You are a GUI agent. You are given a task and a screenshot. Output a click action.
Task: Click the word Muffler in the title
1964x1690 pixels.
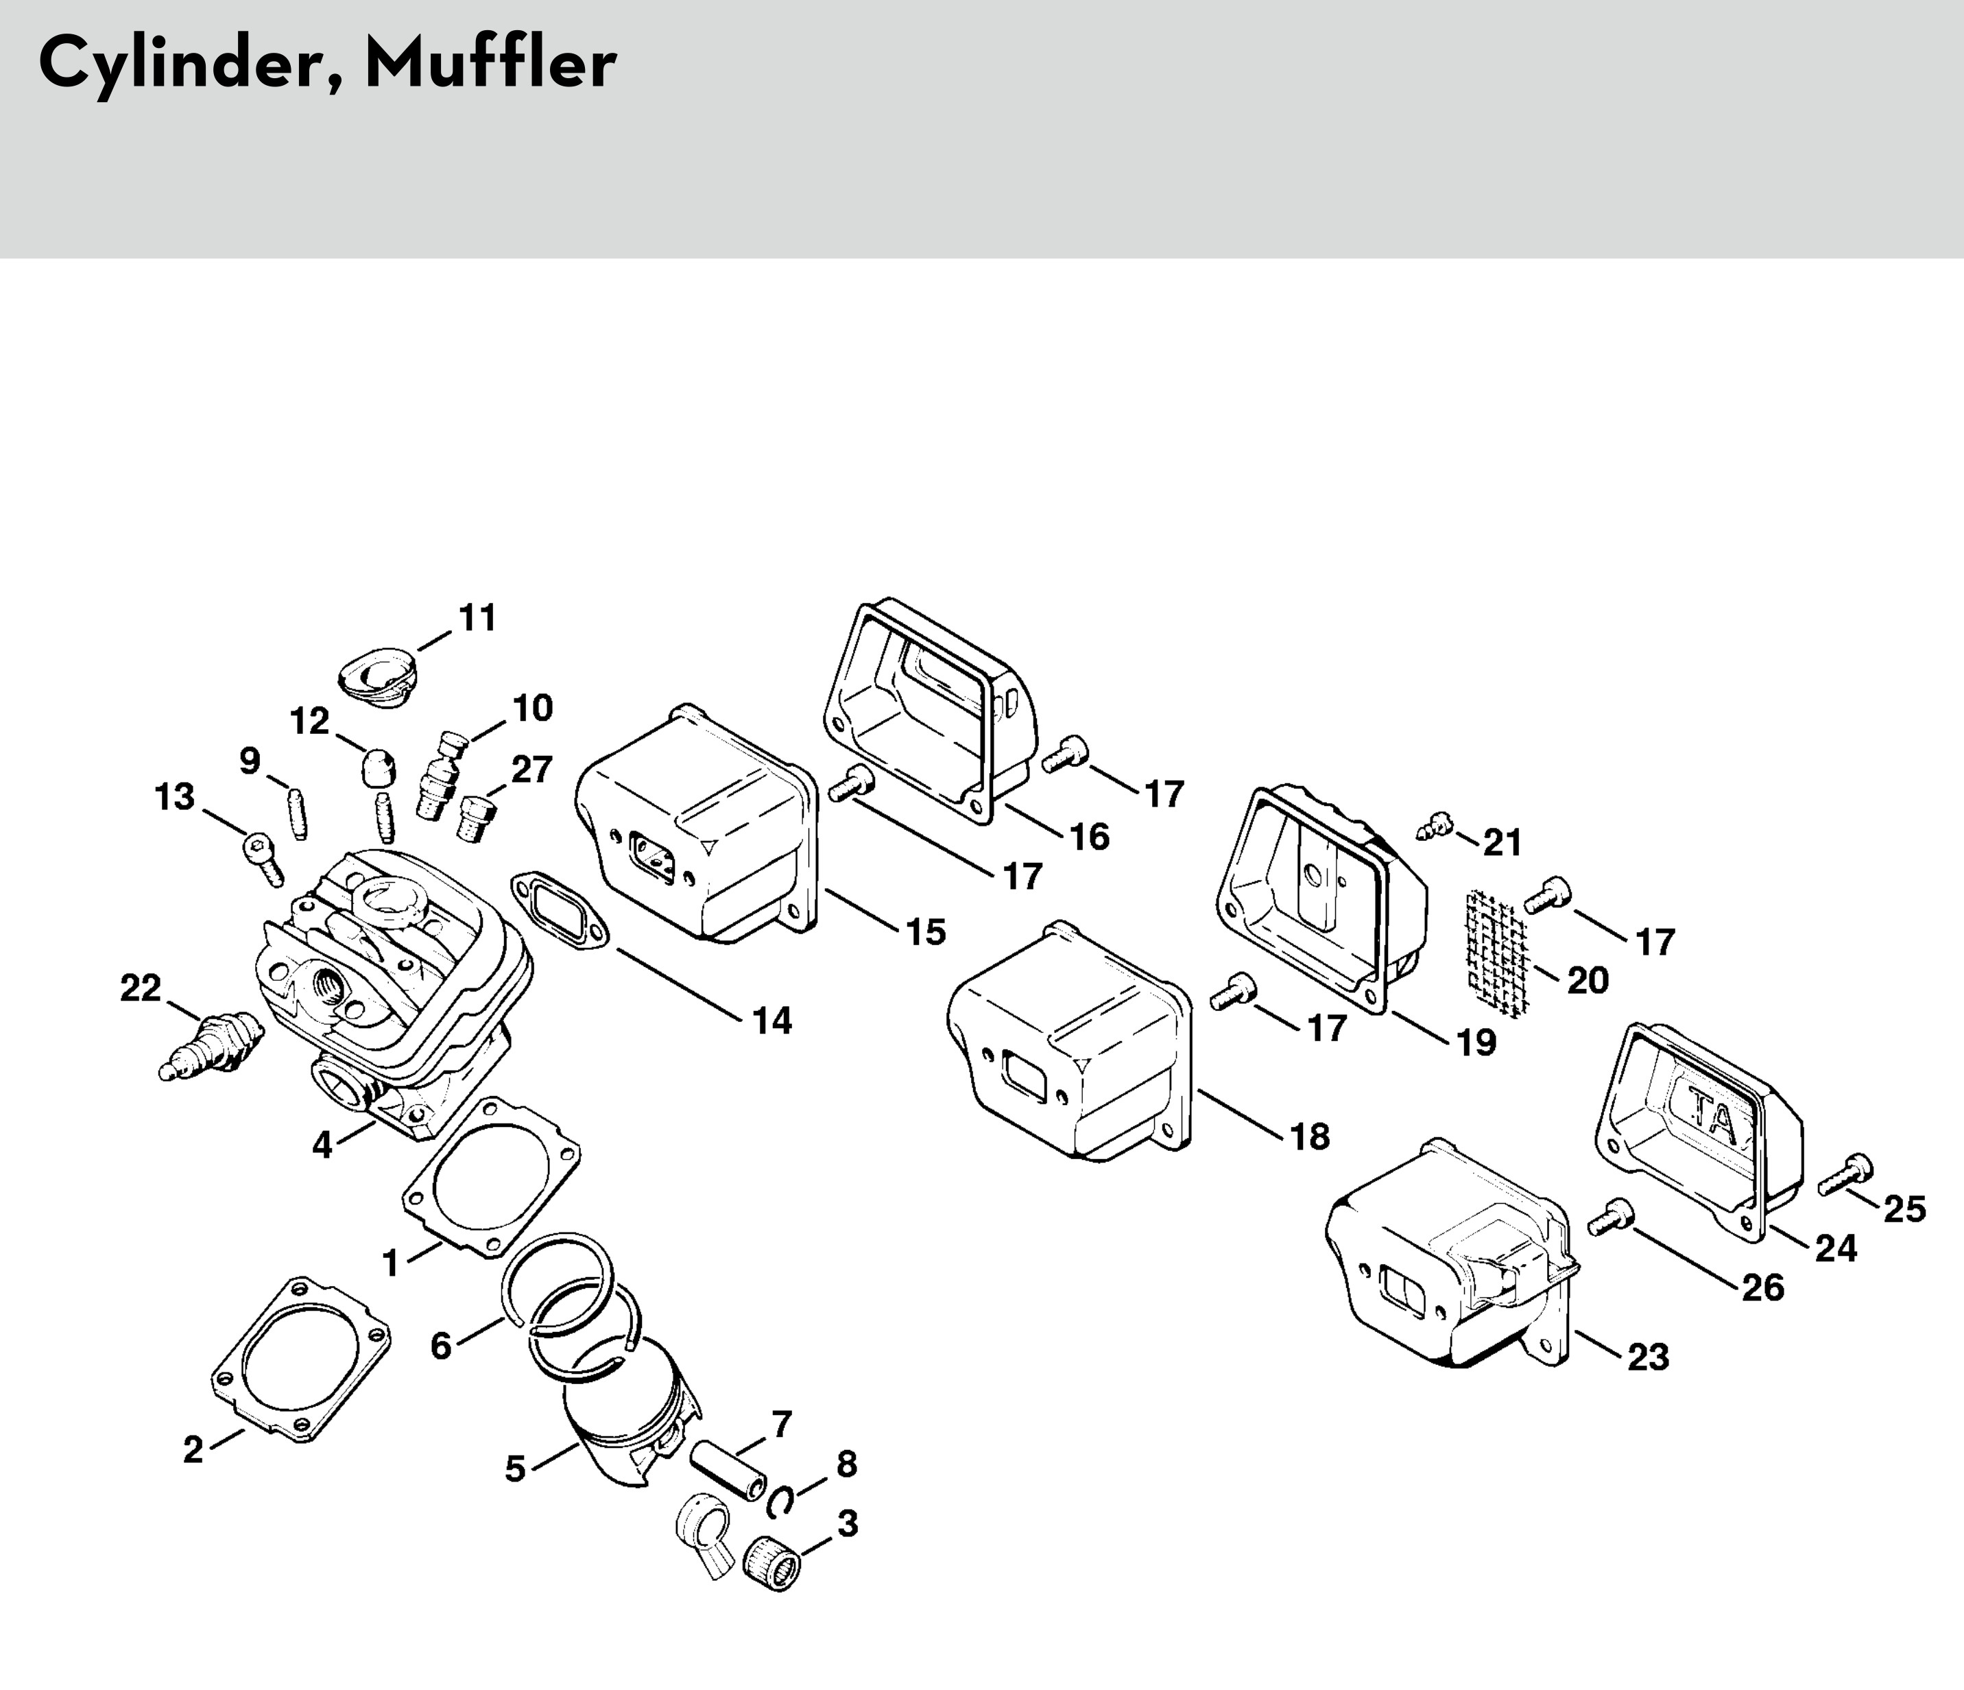click(490, 64)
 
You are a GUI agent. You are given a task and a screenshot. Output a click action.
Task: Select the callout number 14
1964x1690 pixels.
click(771, 1021)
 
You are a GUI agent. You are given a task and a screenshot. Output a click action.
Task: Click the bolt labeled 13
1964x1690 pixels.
click(263, 856)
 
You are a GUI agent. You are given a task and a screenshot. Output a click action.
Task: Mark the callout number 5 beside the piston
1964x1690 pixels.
click(515, 1468)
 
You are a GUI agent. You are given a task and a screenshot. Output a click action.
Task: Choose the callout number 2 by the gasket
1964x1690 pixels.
click(193, 1449)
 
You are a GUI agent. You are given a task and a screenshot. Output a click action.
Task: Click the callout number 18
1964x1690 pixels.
click(1310, 1136)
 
